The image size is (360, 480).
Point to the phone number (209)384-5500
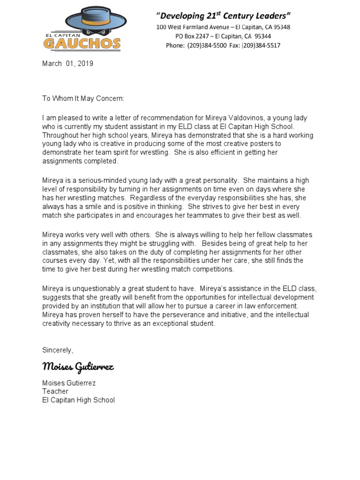click(207, 45)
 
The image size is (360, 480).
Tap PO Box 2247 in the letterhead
click(191, 36)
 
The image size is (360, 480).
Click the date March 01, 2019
click(68, 64)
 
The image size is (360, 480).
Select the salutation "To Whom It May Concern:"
click(83, 99)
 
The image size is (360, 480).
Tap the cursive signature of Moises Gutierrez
click(78, 367)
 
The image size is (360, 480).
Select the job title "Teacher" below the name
click(55, 391)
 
